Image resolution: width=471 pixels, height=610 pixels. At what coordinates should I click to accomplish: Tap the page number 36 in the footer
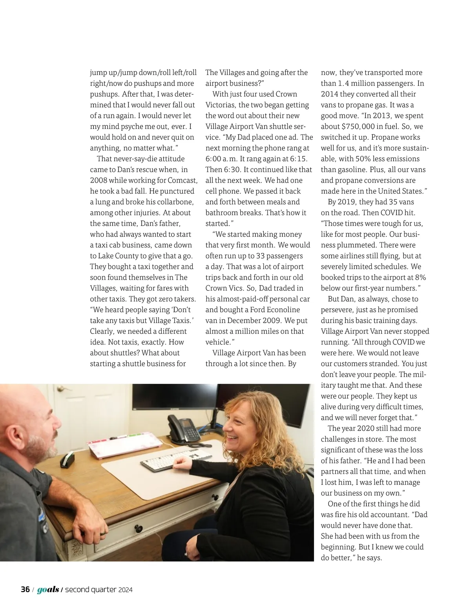point(25,589)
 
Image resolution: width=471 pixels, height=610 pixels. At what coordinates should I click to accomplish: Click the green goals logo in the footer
point(48,589)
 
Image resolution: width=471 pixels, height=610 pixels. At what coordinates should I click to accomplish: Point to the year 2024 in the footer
point(125,590)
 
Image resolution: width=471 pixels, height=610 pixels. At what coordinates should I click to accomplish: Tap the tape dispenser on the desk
point(68,460)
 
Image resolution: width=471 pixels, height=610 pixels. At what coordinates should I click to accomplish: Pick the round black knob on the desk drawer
point(139,529)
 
